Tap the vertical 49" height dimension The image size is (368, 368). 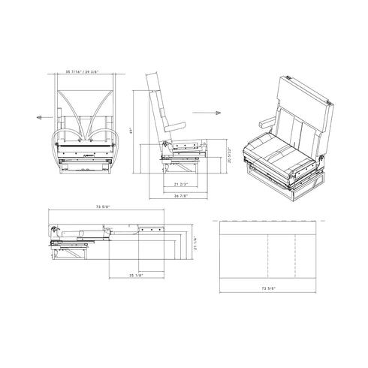(x=131, y=130)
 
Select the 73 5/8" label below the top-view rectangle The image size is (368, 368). (x=267, y=287)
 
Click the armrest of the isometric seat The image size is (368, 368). (x=264, y=121)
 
